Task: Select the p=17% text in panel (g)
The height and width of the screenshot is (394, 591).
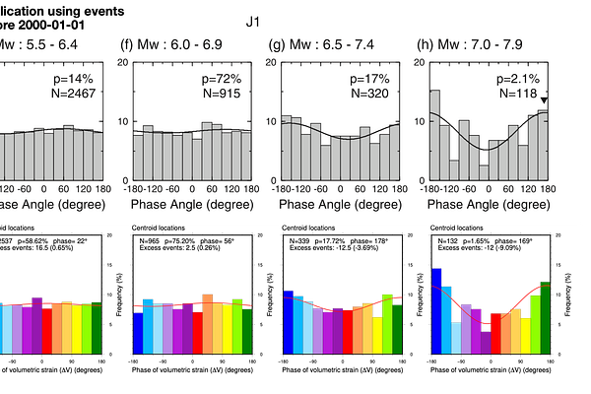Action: (x=374, y=76)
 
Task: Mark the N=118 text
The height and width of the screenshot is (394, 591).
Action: (x=522, y=92)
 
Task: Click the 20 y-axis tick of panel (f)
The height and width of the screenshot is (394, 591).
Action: (x=123, y=62)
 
